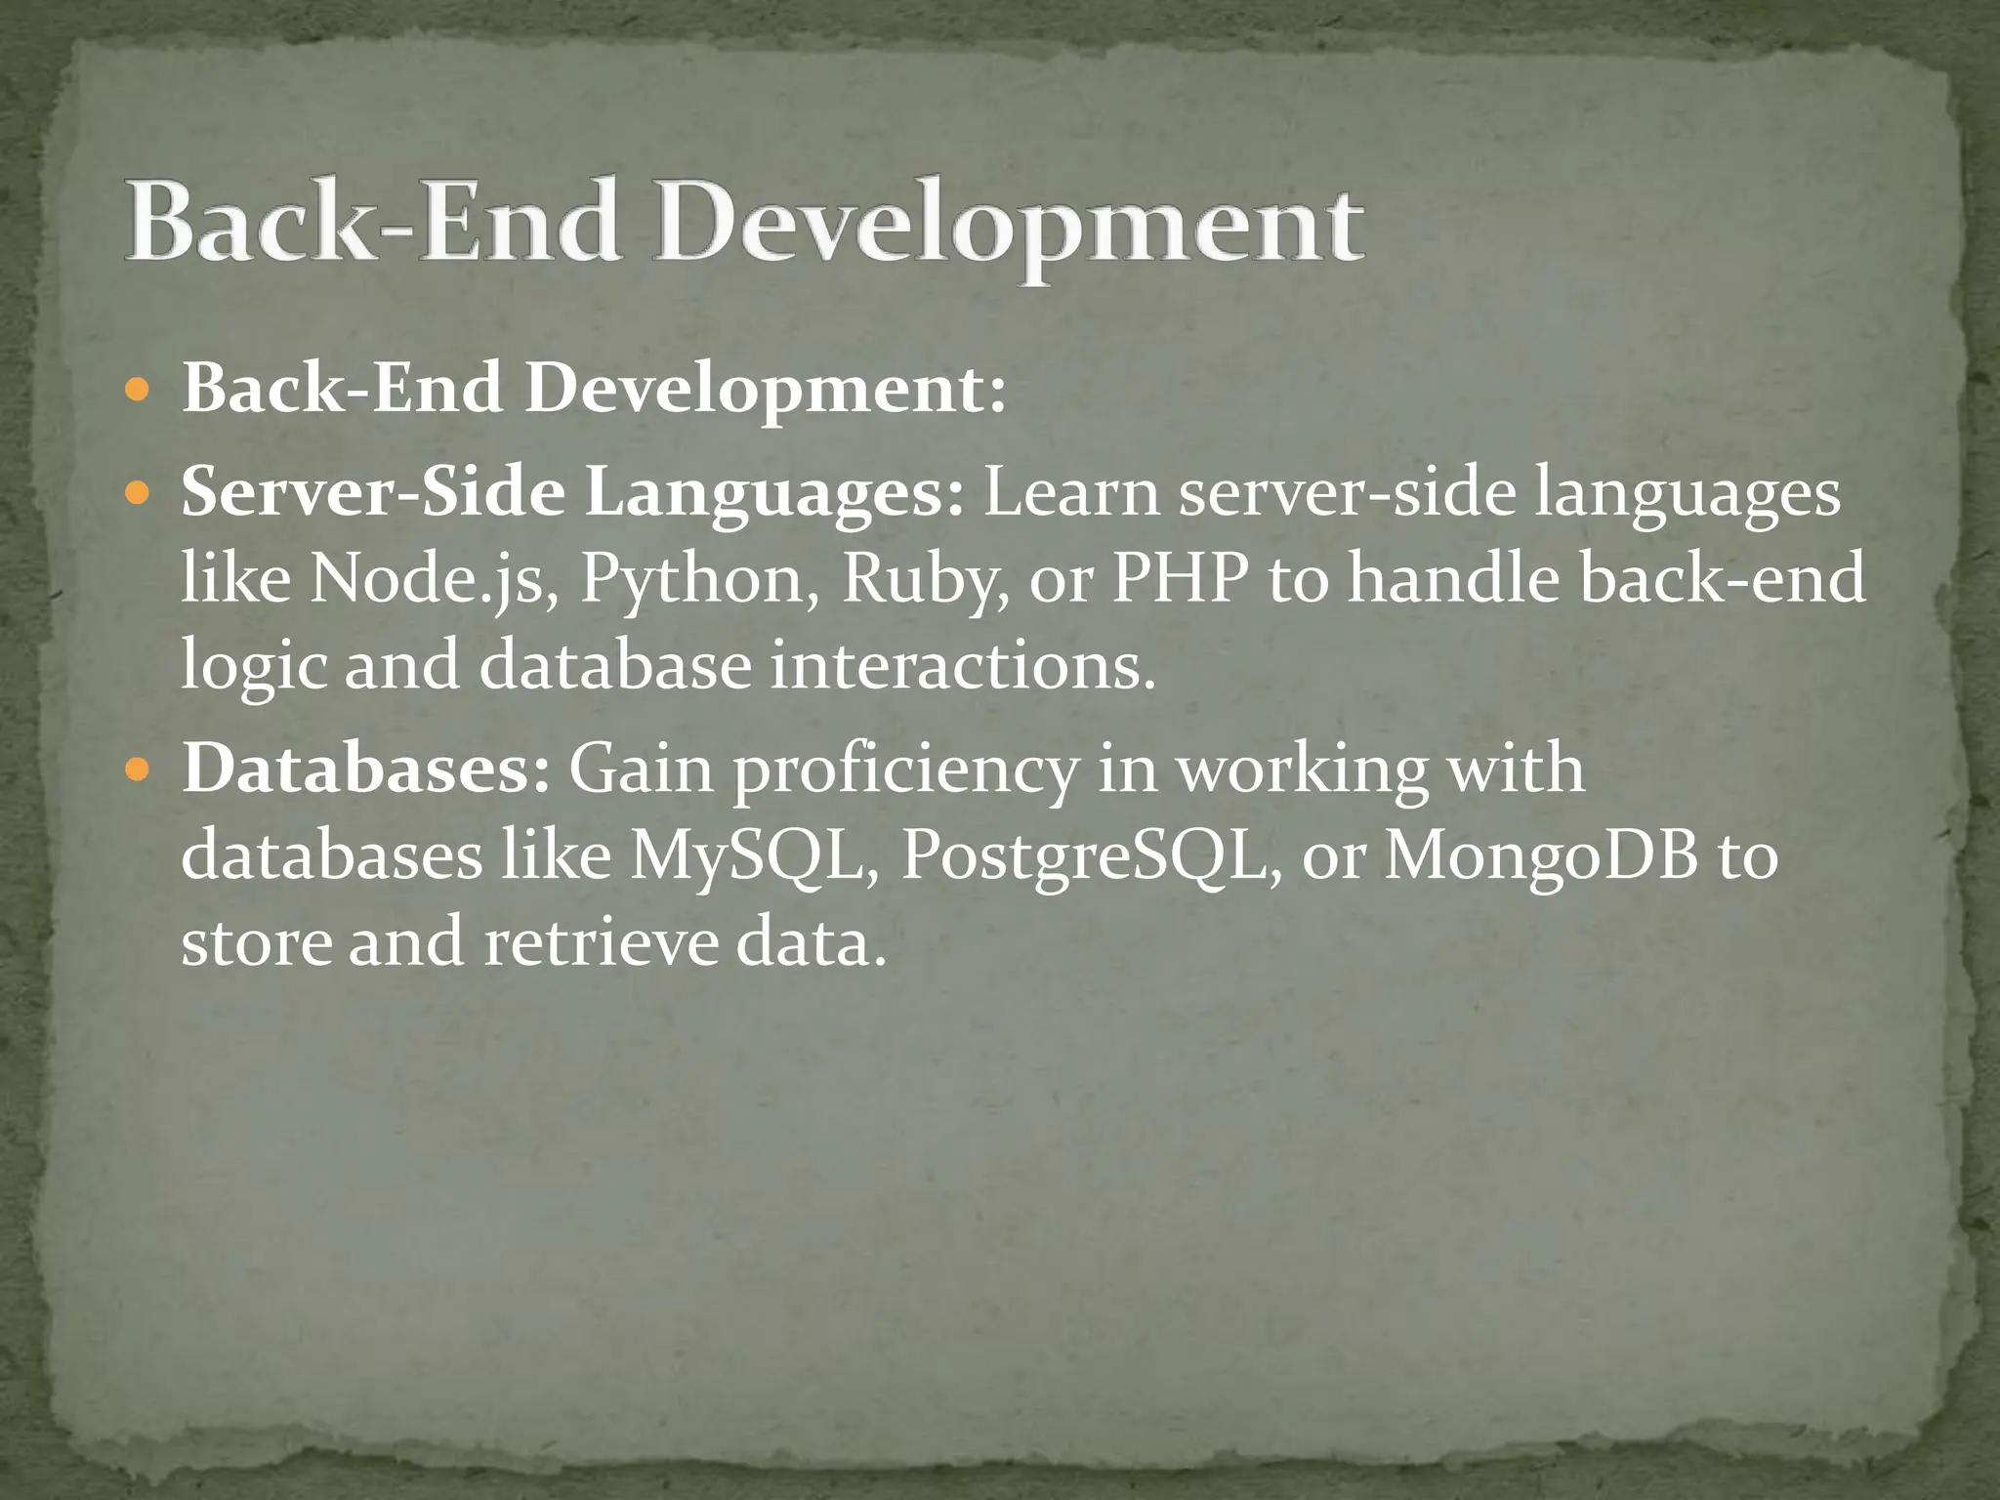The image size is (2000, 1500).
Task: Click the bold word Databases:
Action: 366,769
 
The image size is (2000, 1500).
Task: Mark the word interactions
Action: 962,665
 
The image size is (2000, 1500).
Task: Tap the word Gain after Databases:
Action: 642,769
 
